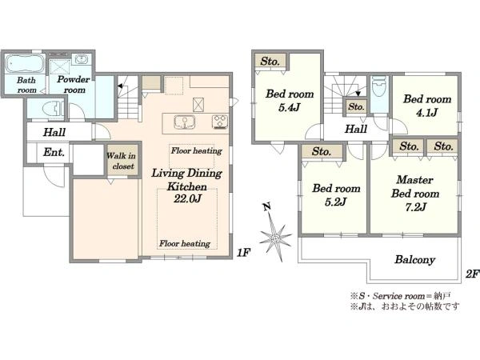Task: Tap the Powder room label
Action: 74,85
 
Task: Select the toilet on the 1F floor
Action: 53,108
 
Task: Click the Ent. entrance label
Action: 54,152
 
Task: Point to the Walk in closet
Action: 122,161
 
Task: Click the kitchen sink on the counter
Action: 184,122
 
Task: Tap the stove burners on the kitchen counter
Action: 220,122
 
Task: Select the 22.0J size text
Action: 187,199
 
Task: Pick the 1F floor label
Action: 243,252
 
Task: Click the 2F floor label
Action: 472,274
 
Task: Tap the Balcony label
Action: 414,259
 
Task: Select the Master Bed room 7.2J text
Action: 415,193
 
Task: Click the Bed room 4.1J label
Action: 427,106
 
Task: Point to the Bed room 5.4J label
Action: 290,101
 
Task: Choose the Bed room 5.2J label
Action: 336,194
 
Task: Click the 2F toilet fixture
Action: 379,86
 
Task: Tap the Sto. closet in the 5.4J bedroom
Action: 270,61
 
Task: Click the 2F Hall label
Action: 356,129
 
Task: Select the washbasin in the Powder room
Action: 81,59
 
